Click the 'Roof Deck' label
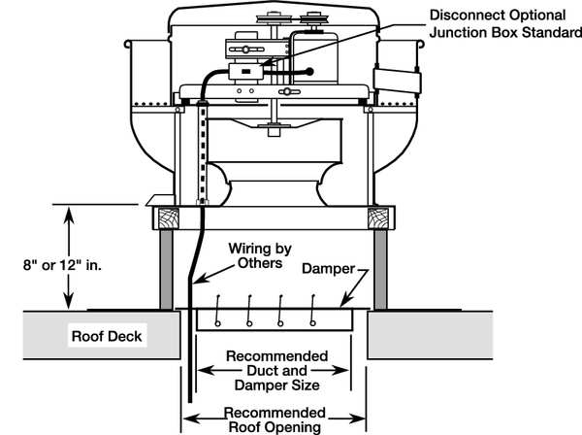(x=108, y=337)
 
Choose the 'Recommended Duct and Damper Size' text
(x=275, y=369)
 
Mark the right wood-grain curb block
(x=383, y=217)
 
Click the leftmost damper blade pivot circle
(x=217, y=321)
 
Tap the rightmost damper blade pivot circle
(x=312, y=321)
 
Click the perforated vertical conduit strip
(x=203, y=151)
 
